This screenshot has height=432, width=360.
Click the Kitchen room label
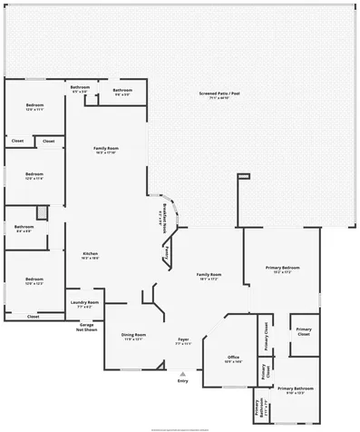tap(90, 253)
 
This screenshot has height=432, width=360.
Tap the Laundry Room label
tap(87, 302)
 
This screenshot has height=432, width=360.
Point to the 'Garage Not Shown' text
tap(87, 327)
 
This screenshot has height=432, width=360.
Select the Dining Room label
tap(134, 337)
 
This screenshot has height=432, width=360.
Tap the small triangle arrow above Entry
tap(183, 372)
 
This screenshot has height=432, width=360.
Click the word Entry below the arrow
tap(183, 380)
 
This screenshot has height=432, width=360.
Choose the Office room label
tap(232, 358)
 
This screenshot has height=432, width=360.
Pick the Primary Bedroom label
tap(282, 268)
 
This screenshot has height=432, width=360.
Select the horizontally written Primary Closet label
tap(304, 331)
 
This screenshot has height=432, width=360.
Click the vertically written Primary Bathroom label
tap(257, 407)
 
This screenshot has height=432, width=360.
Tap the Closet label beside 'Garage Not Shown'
tap(33, 317)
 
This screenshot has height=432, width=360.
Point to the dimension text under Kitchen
tap(90, 259)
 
